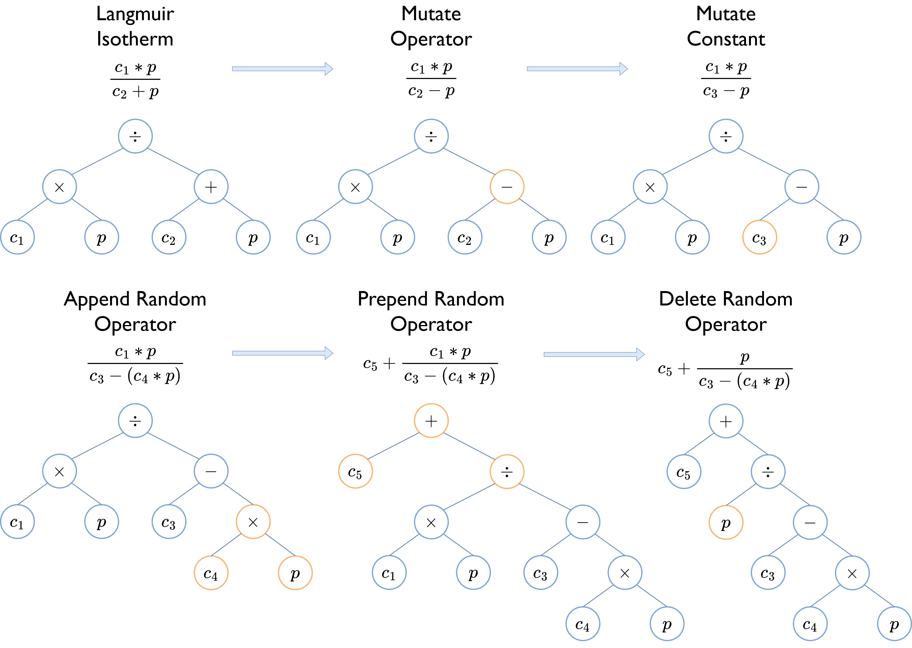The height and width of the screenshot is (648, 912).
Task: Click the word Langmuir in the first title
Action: (x=135, y=14)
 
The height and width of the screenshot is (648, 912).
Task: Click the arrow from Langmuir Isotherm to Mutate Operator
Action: (x=282, y=69)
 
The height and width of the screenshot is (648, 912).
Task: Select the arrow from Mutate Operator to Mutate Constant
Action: (x=577, y=69)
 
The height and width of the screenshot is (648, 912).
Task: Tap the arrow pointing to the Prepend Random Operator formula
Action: (x=282, y=353)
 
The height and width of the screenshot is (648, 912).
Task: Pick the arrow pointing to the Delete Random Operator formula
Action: (x=594, y=354)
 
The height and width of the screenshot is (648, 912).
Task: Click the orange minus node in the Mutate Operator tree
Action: (x=507, y=187)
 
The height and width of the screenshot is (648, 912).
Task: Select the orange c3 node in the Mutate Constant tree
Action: (x=759, y=237)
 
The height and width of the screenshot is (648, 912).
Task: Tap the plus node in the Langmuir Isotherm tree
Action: (x=211, y=187)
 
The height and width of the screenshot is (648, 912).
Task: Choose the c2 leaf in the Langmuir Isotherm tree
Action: (x=169, y=237)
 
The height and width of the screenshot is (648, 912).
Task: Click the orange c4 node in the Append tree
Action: (x=211, y=573)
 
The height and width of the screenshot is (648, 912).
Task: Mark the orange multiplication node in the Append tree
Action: (x=253, y=522)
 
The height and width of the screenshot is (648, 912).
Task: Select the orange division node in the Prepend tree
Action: (x=507, y=472)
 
